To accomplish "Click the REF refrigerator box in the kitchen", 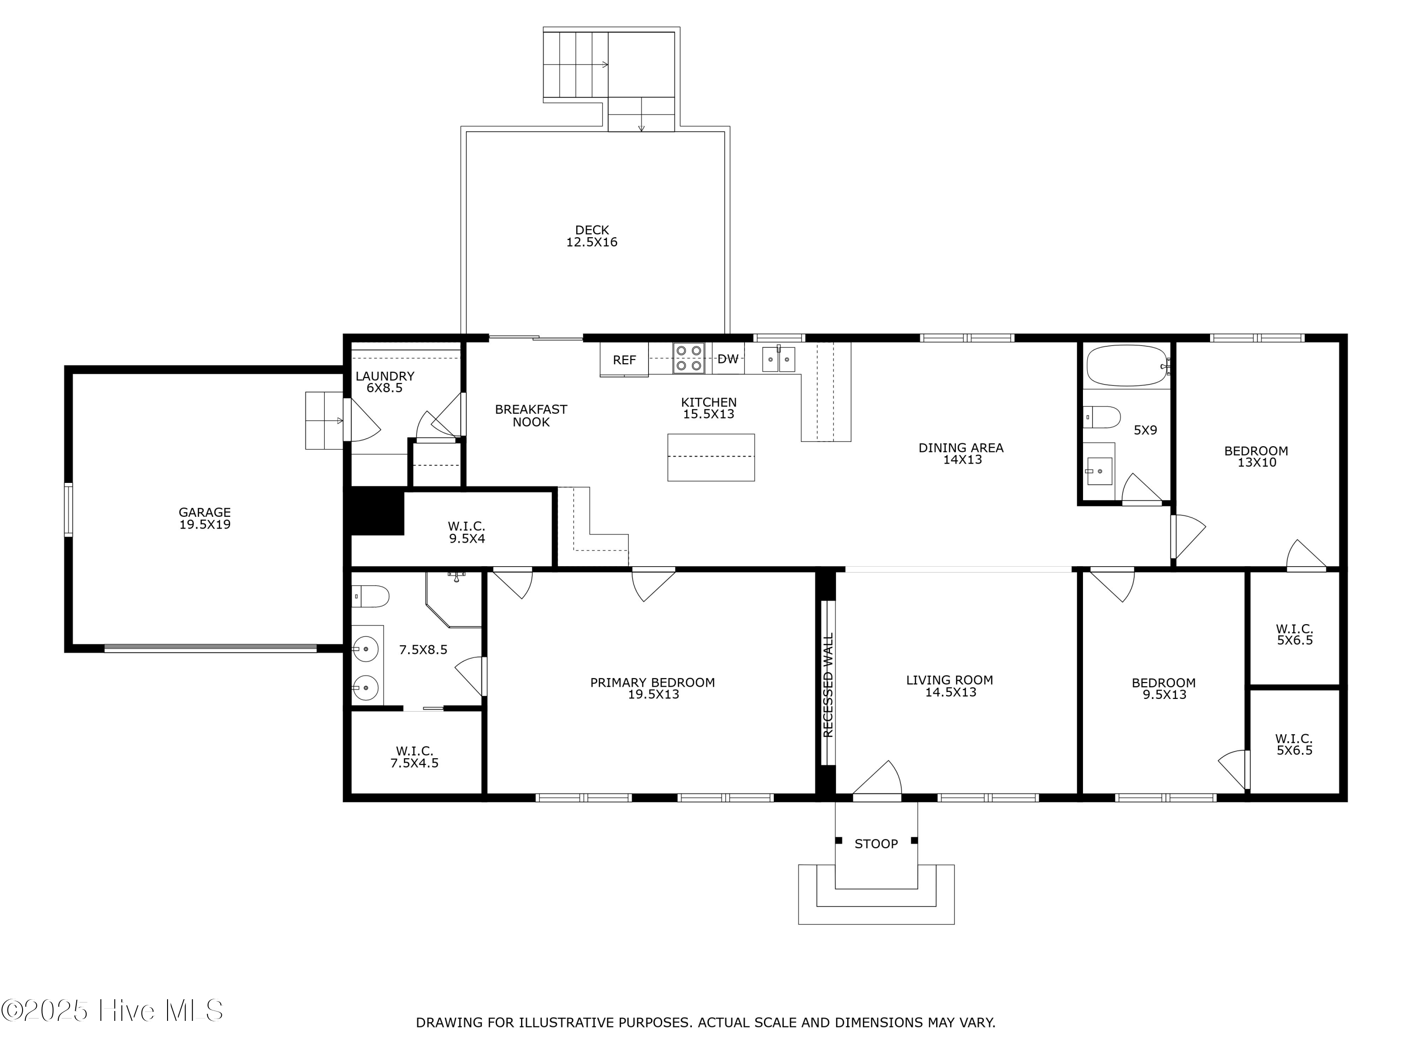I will pyautogui.click(x=624, y=360).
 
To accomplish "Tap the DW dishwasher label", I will pyautogui.click(x=728, y=359).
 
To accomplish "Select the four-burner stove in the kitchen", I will pyautogui.click(x=688, y=358).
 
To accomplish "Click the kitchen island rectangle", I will pyautogui.click(x=710, y=457).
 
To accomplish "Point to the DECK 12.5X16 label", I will pyautogui.click(x=592, y=235).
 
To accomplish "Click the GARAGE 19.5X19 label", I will pyautogui.click(x=204, y=518).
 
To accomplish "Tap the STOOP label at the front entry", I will pyautogui.click(x=876, y=844).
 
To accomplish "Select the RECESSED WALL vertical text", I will pyautogui.click(x=828, y=684).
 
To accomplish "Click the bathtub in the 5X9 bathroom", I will pyautogui.click(x=1127, y=365).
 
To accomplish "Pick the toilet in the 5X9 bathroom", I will pyautogui.click(x=1102, y=417).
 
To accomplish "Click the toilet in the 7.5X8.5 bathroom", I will pyautogui.click(x=371, y=596).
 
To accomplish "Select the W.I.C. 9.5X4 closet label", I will pyautogui.click(x=466, y=532).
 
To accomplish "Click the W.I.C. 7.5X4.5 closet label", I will pyautogui.click(x=414, y=756).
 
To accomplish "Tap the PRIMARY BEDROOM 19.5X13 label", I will pyautogui.click(x=652, y=688).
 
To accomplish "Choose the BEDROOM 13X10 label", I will pyautogui.click(x=1256, y=457).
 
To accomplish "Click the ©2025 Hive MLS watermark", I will pyautogui.click(x=112, y=1011).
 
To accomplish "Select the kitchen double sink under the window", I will pyautogui.click(x=778, y=360).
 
